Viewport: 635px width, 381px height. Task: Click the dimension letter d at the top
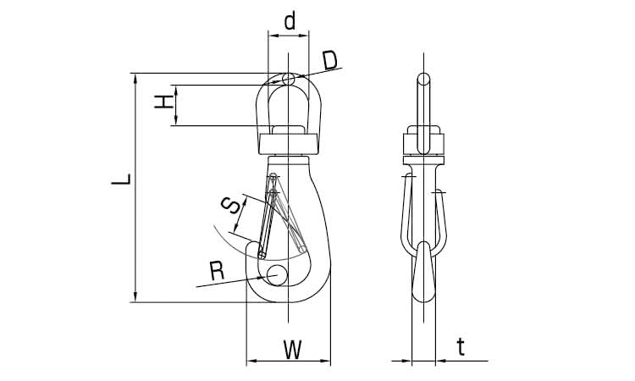tap(290, 21)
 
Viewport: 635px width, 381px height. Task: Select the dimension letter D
tap(330, 61)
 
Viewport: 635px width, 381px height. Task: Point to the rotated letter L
tap(121, 179)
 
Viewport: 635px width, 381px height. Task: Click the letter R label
tap(218, 271)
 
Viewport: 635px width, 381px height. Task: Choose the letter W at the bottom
tap(292, 351)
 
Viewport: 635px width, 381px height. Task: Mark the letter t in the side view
tap(461, 347)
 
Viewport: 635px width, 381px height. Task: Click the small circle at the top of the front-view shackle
tap(289, 79)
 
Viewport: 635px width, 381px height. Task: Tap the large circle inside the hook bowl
tap(277, 275)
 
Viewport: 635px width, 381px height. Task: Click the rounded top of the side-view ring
tap(423, 78)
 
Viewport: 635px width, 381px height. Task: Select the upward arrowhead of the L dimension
tap(135, 78)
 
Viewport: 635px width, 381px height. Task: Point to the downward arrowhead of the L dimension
tap(135, 297)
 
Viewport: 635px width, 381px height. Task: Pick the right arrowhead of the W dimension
tap(326, 361)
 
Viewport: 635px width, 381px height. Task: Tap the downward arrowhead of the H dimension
tap(176, 121)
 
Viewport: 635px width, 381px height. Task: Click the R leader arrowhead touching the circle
tap(262, 278)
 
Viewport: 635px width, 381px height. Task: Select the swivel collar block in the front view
tap(288, 145)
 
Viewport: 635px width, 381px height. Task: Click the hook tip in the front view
tap(252, 247)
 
